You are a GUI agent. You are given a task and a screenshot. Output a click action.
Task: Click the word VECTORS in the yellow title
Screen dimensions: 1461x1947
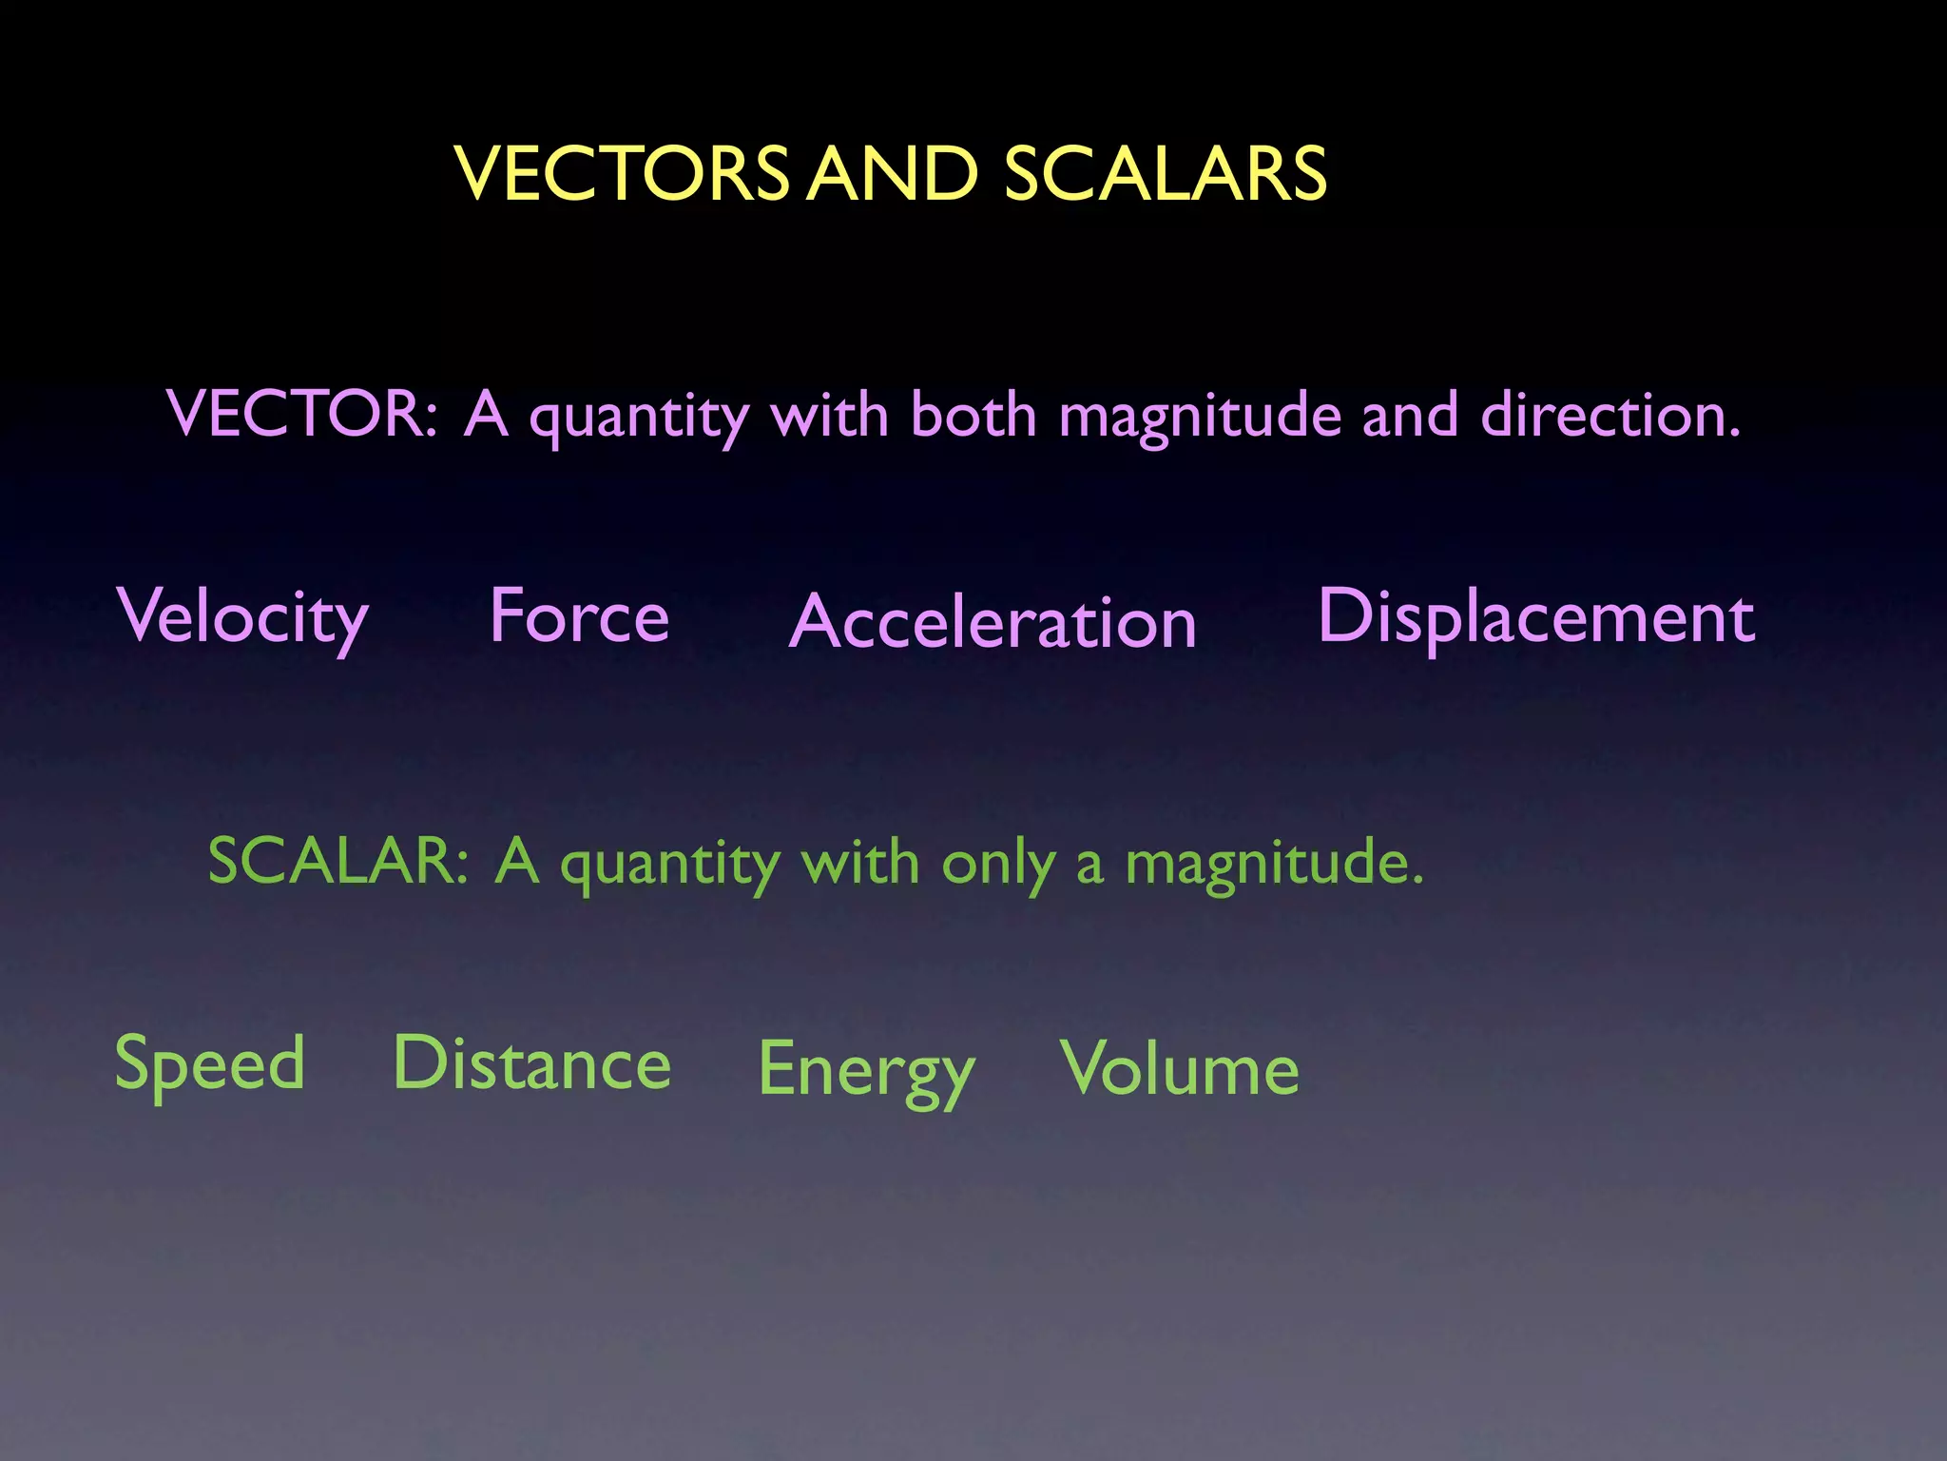pyautogui.click(x=622, y=174)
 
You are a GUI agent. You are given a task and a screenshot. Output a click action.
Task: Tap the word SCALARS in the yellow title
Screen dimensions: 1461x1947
pyautogui.click(x=1165, y=174)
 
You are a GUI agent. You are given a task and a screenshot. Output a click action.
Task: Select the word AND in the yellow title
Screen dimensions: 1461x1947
pyautogui.click(x=893, y=174)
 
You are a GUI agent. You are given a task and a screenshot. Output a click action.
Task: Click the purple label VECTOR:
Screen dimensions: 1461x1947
pyautogui.click(x=302, y=415)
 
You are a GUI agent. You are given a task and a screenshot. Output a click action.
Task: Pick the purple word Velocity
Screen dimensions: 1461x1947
pyautogui.click(x=243, y=618)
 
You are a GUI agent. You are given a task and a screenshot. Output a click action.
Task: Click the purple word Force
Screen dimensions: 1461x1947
pyautogui.click(x=580, y=616)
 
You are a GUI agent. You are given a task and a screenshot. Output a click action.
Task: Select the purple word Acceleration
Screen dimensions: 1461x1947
pyautogui.click(x=993, y=622)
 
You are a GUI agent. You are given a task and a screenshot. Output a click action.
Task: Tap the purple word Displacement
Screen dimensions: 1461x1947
pyautogui.click(x=1536, y=616)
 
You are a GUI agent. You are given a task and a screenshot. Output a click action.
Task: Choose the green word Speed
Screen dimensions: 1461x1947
pyautogui.click(x=210, y=1064)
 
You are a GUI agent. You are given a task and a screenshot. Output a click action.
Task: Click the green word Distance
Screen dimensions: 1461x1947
pyautogui.click(x=532, y=1063)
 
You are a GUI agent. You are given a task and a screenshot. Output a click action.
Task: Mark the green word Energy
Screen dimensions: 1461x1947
pyautogui.click(x=866, y=1071)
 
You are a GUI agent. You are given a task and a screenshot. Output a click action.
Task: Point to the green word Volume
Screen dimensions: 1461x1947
pyautogui.click(x=1180, y=1069)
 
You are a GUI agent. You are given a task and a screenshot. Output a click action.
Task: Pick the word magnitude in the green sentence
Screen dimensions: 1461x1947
pyautogui.click(x=1274, y=864)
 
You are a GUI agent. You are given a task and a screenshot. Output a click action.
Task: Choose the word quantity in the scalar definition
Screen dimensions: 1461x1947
pyautogui.click(x=670, y=864)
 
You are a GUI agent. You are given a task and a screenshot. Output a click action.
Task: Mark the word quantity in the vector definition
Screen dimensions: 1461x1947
pyautogui.click(x=639, y=417)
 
